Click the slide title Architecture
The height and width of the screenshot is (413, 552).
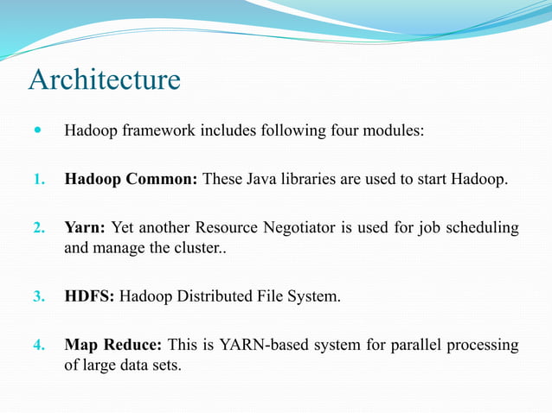(x=105, y=79)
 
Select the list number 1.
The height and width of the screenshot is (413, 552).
(x=38, y=181)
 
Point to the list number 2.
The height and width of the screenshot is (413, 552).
(x=38, y=229)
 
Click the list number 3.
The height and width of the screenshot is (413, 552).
(x=38, y=298)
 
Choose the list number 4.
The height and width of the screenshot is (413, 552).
(x=38, y=346)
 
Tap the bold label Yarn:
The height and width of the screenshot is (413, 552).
(x=86, y=229)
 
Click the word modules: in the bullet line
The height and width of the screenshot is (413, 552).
(x=395, y=133)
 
